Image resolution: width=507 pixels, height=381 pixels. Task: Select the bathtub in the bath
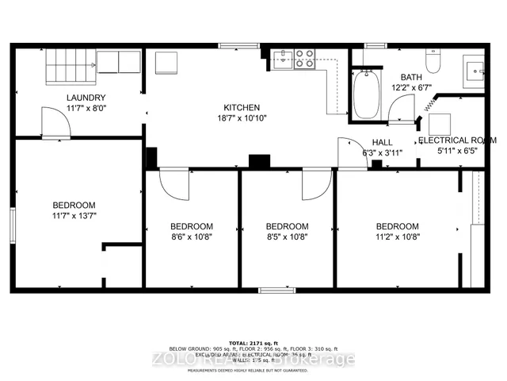(x=367, y=95)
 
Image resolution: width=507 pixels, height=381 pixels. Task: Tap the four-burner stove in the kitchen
(x=305, y=60)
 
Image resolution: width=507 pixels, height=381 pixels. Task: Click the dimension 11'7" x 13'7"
(x=74, y=215)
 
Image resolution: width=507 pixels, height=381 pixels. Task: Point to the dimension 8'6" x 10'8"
(x=191, y=236)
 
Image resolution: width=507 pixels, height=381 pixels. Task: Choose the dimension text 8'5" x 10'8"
(x=286, y=236)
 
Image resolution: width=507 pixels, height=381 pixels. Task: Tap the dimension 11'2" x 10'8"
(x=397, y=236)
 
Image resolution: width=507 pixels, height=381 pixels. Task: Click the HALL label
(x=383, y=142)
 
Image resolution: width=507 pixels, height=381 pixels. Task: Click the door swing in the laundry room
(x=54, y=122)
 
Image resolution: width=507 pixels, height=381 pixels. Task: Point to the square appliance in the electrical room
(x=440, y=124)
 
